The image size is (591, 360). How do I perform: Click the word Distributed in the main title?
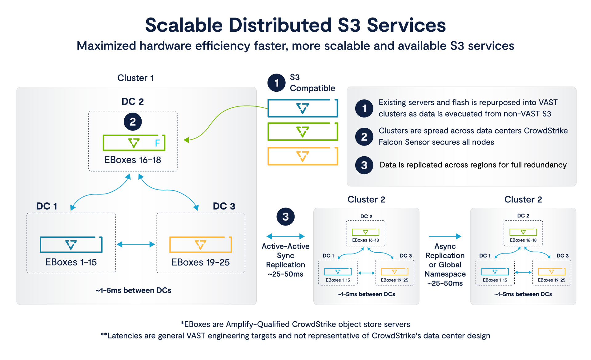(280, 25)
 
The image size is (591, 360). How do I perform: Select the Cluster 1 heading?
(135, 78)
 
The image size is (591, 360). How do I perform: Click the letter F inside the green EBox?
(157, 143)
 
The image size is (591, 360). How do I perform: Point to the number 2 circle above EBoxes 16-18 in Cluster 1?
(133, 122)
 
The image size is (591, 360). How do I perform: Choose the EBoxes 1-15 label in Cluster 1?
(71, 262)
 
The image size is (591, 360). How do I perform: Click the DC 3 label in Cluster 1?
(224, 206)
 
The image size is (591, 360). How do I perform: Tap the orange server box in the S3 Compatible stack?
(303, 156)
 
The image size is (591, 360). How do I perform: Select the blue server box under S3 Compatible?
(303, 108)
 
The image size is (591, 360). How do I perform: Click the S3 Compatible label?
(312, 83)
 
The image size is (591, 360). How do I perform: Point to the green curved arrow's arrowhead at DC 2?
(186, 140)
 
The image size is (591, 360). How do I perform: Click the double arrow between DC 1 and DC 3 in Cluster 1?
(136, 244)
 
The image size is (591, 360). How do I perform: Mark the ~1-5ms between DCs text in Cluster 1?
(133, 290)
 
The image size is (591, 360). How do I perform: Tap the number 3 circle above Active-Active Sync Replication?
(285, 217)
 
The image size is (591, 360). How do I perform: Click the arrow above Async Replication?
(445, 236)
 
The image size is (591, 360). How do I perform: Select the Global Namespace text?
(445, 270)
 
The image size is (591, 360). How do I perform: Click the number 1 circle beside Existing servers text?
(364, 108)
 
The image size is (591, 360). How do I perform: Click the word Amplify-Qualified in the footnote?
(258, 324)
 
